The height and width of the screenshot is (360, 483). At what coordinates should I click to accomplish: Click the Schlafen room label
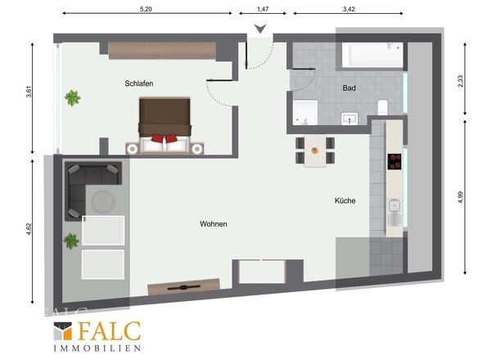(x=139, y=83)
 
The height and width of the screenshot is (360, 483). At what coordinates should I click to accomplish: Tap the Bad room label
(x=349, y=88)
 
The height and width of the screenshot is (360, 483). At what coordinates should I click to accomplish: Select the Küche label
(x=345, y=200)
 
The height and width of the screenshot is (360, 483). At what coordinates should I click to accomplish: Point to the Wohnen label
(x=213, y=224)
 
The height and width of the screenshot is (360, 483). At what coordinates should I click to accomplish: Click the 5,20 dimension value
(x=146, y=9)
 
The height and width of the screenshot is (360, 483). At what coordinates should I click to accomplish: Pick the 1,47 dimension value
(x=263, y=9)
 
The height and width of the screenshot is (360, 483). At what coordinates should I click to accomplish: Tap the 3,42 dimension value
(x=349, y=9)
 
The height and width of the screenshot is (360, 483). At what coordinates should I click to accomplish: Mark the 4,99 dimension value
(x=461, y=197)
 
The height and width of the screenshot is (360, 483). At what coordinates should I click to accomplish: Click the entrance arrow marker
(x=260, y=29)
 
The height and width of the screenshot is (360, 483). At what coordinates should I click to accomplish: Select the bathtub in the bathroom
(x=372, y=55)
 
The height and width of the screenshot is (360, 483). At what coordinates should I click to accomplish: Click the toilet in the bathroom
(x=382, y=106)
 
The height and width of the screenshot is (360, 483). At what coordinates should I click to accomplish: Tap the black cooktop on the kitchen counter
(x=395, y=161)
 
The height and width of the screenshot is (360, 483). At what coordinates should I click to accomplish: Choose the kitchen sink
(x=395, y=213)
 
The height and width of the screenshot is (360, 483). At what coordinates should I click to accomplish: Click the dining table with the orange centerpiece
(x=315, y=151)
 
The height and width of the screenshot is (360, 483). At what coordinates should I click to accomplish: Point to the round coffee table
(x=102, y=202)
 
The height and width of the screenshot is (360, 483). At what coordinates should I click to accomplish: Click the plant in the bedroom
(x=72, y=98)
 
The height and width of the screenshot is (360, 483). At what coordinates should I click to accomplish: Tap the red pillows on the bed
(x=165, y=138)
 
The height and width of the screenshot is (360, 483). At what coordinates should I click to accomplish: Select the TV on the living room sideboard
(x=183, y=288)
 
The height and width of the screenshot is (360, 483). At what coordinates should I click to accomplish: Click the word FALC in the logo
(x=110, y=331)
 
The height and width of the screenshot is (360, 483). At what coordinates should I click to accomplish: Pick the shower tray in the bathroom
(x=305, y=112)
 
